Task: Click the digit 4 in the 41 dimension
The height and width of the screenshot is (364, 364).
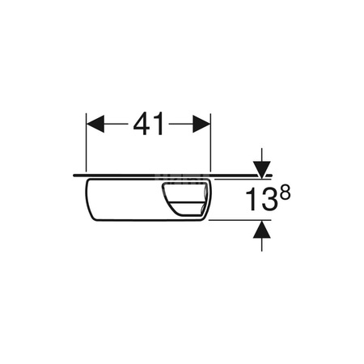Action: (x=142, y=124)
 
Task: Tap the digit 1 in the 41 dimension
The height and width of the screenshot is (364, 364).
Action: (x=159, y=124)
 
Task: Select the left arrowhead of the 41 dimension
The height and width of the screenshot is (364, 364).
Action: (x=95, y=124)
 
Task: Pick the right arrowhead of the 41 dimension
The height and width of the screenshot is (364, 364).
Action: (x=201, y=124)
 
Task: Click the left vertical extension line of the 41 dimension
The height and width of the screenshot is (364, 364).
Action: (x=86, y=142)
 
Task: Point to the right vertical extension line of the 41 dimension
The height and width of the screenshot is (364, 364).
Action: (x=210, y=142)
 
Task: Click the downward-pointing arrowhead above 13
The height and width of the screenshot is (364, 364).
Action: (x=262, y=170)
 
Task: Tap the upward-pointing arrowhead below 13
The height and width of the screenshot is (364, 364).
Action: (x=262, y=229)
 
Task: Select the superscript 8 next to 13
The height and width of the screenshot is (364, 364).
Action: (x=286, y=193)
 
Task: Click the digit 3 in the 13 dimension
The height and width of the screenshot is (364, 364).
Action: (x=269, y=200)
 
